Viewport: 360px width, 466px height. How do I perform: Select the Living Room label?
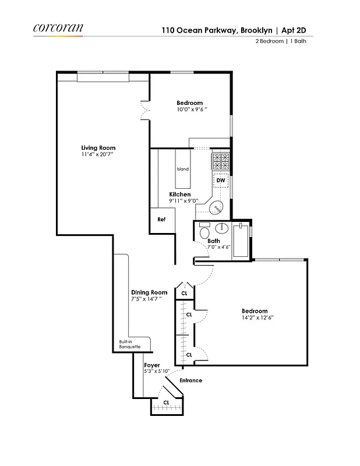point(98,148)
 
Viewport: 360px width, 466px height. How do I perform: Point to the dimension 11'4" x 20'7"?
point(98,155)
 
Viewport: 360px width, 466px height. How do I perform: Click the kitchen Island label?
point(182,169)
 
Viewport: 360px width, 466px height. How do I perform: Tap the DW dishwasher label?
point(221,181)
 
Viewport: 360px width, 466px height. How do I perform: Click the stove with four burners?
point(220,159)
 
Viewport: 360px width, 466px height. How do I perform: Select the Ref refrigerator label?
point(161,220)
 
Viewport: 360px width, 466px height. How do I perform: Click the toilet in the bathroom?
point(204,232)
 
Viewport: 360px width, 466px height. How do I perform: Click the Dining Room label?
point(149,292)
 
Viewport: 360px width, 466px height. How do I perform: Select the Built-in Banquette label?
point(130,344)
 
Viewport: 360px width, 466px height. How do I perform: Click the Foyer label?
point(152,365)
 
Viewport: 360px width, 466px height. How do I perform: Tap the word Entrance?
point(190,380)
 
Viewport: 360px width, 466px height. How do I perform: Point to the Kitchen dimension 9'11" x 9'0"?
point(183,201)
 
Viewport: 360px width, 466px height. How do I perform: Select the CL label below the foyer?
point(166,403)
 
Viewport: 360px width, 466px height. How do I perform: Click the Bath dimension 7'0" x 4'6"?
point(219,247)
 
